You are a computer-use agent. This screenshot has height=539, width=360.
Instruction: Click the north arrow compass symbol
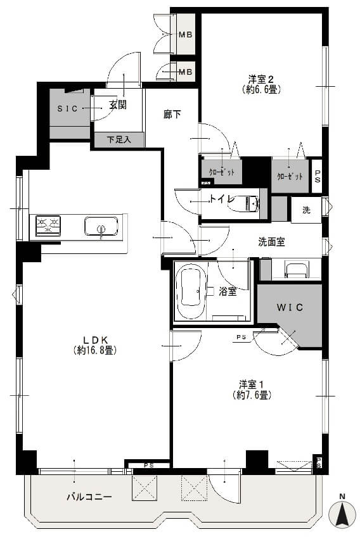[x=342, y=511]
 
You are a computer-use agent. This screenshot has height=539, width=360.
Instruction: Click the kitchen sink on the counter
[x=101, y=226]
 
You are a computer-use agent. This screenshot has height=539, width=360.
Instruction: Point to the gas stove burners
[x=48, y=224]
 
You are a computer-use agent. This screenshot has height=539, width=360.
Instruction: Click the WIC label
[x=290, y=307]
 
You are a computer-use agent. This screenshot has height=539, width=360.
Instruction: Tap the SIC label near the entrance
[x=67, y=108]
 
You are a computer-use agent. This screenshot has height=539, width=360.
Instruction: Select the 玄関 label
[x=117, y=105]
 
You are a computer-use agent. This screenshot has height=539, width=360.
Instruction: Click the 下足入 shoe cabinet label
[x=119, y=140]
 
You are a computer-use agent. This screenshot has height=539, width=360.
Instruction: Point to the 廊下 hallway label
[x=172, y=115]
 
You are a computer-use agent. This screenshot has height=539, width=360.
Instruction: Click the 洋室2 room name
[x=260, y=79]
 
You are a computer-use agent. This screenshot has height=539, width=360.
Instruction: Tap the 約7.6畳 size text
[x=252, y=395]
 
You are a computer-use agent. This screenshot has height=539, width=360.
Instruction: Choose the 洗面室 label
[x=271, y=241]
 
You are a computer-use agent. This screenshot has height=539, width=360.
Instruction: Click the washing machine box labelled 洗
[x=306, y=210]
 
